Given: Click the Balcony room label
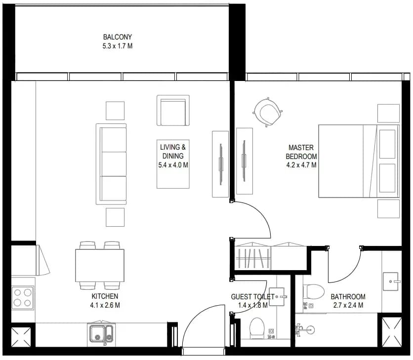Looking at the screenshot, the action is coord(118,37).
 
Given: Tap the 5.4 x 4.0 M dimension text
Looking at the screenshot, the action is coord(173,165).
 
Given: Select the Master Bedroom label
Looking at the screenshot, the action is coord(301,152).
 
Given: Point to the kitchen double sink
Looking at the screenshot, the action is coord(101,333).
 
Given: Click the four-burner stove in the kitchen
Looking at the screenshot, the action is coord(23,297).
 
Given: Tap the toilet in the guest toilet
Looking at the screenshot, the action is coord(257,328).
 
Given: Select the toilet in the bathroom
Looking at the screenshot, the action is coord(313,292).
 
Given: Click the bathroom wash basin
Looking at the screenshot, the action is coord(391,281).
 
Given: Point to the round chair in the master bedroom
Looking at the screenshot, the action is coord(268,112).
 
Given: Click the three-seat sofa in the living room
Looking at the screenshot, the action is coord(111,164).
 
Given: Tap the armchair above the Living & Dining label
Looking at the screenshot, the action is coord(173,110).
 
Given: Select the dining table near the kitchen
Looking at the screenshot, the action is coord(100,266).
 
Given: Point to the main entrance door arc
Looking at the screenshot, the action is coord(194,313).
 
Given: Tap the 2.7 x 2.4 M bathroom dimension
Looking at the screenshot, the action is coord(348,305).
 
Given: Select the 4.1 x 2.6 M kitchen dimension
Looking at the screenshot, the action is coord(105,305).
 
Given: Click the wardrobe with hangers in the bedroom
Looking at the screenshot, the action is coord(253,256).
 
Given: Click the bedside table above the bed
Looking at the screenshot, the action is coord(388,113).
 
